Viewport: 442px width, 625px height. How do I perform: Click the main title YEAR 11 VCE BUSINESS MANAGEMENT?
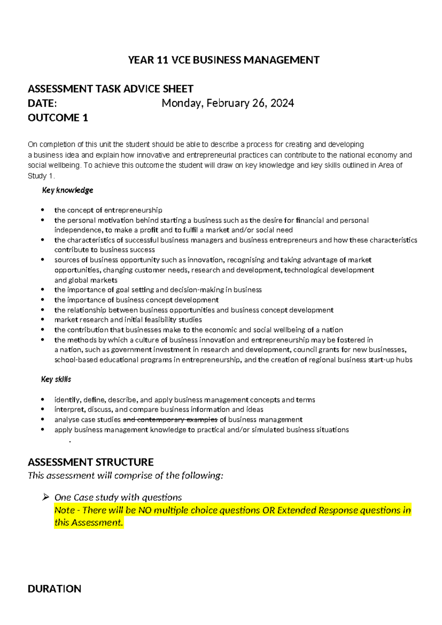224,60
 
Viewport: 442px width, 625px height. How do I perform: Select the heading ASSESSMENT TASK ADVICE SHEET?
110,89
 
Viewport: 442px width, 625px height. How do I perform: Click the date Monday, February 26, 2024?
228,103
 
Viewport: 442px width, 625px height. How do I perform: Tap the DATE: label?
42,103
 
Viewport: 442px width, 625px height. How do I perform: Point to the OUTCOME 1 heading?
58,118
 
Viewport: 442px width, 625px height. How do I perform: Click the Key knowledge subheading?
67,190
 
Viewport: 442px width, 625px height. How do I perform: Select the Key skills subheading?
56,379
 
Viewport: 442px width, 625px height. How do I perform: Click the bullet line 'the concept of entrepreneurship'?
108,210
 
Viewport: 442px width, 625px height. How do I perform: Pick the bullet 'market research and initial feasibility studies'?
128,320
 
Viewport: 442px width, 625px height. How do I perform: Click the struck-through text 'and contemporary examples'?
170,420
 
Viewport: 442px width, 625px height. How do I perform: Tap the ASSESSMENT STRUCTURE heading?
91,462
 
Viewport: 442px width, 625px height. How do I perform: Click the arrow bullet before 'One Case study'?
46,497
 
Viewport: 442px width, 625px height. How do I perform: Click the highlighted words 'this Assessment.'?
88,523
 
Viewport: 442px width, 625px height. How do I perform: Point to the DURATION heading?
55,589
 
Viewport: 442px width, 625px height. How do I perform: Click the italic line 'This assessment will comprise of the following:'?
125,476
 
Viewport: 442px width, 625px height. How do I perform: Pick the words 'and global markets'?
86,280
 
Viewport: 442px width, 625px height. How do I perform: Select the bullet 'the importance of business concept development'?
136,300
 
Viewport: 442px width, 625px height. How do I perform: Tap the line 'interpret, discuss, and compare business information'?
158,410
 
